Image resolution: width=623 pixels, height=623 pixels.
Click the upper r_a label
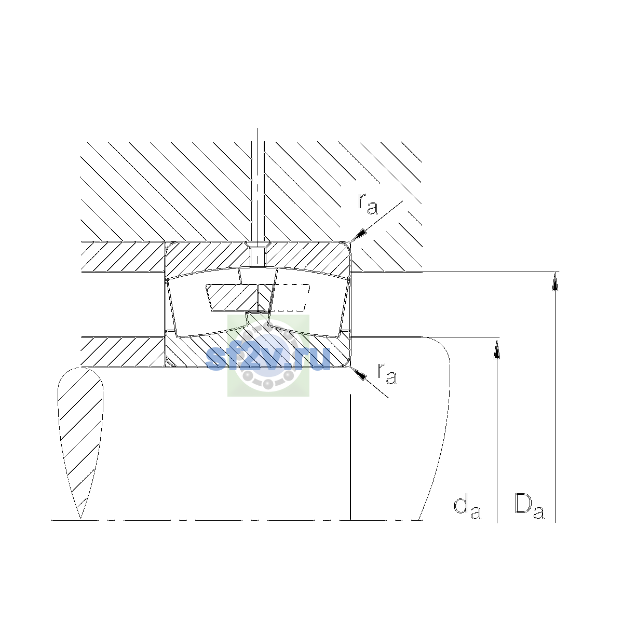[368, 204]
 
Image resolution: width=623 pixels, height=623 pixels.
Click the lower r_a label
[387, 374]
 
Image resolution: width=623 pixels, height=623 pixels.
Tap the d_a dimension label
[467, 508]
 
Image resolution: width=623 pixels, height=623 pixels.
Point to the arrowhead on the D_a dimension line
[555, 281]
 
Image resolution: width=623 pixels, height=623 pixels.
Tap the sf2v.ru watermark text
[268, 358]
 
